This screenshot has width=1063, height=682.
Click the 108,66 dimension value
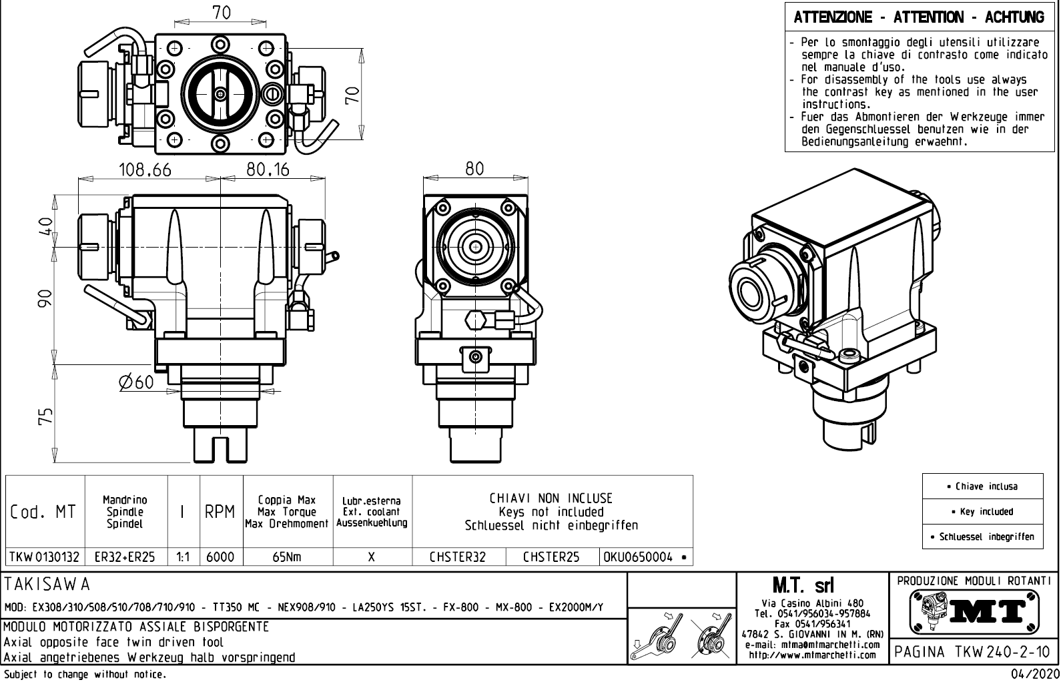(145, 170)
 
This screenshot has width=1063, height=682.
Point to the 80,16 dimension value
(268, 170)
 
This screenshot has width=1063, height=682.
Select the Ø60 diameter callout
(136, 382)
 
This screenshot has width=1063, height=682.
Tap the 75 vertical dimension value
(45, 417)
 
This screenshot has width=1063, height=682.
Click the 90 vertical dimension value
(45, 298)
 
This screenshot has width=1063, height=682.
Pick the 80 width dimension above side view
(474, 169)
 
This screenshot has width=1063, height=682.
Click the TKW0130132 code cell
(44, 557)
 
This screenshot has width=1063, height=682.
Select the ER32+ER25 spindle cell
(125, 557)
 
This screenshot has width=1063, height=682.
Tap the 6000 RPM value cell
(220, 557)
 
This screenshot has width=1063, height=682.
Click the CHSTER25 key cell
(551, 557)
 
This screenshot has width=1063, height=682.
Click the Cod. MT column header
(43, 512)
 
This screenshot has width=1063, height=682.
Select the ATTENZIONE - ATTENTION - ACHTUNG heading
(919, 17)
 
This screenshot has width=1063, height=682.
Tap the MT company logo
(975, 611)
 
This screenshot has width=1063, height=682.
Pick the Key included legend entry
(982, 512)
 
